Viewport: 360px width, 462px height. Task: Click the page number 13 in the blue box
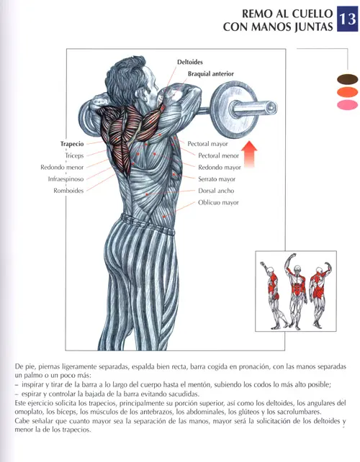click(x=348, y=19)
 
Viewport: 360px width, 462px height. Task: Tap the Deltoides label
click(x=190, y=62)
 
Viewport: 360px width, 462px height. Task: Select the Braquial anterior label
click(x=211, y=74)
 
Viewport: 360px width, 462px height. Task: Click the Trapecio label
click(x=72, y=144)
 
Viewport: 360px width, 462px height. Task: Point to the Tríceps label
click(x=74, y=155)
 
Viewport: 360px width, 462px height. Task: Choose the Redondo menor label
click(x=62, y=168)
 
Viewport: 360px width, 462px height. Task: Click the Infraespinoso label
click(x=66, y=179)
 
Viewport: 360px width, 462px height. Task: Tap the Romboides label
click(x=68, y=191)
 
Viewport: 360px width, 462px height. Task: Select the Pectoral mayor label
click(x=207, y=144)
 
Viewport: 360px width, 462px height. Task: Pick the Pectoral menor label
click(x=218, y=155)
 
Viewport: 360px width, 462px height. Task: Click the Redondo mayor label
click(x=220, y=168)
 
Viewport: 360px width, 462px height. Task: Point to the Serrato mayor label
click(x=217, y=179)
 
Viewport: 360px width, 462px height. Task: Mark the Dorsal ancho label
click(x=216, y=191)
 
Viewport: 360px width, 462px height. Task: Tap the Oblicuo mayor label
click(x=218, y=202)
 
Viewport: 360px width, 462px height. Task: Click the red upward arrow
click(x=250, y=154)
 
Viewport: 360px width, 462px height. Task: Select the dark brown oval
click(x=348, y=79)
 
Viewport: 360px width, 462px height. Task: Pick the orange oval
click(x=348, y=92)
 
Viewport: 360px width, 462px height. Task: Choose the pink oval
click(x=348, y=105)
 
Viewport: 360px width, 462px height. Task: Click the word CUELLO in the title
click(x=312, y=14)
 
